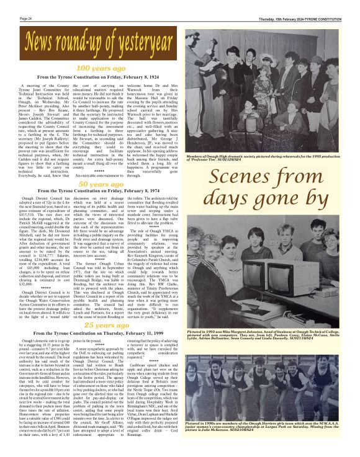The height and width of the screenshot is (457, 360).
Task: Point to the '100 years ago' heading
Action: [x=94, y=68]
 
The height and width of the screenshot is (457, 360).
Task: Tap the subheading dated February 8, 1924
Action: [x=94, y=76]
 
